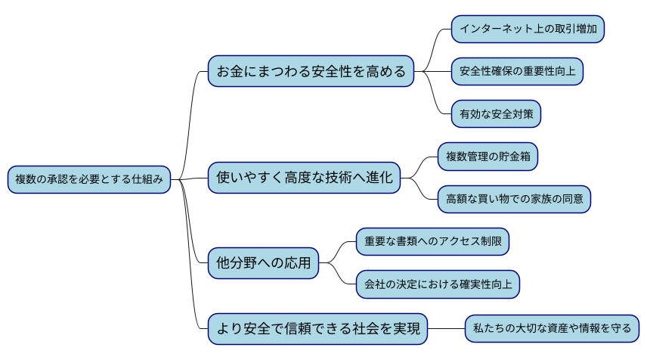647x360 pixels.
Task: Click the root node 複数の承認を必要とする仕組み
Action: pyautogui.click(x=88, y=179)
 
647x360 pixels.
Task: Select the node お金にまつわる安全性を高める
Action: pyautogui.click(x=311, y=72)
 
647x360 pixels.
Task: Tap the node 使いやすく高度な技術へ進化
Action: pyautogui.click(x=304, y=178)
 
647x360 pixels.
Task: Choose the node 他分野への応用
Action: pyautogui.click(x=263, y=263)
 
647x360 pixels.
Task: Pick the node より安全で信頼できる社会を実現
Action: pyautogui.click(x=317, y=328)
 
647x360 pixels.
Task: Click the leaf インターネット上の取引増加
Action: pyautogui.click(x=528, y=29)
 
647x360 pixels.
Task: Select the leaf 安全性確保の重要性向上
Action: pyautogui.click(x=518, y=72)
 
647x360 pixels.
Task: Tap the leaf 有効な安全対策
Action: pyautogui.click(x=496, y=114)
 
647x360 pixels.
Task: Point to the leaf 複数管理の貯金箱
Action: pyautogui.click(x=488, y=157)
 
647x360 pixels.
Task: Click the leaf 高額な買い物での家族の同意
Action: pyautogui.click(x=514, y=199)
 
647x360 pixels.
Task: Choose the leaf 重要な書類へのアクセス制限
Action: pyautogui.click(x=432, y=241)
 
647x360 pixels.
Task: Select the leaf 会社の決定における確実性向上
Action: pyautogui.click(x=438, y=284)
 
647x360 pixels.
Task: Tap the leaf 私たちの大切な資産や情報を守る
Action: pyautogui.click(x=552, y=328)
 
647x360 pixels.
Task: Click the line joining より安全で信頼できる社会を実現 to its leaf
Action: pyautogui.click(x=446, y=328)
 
